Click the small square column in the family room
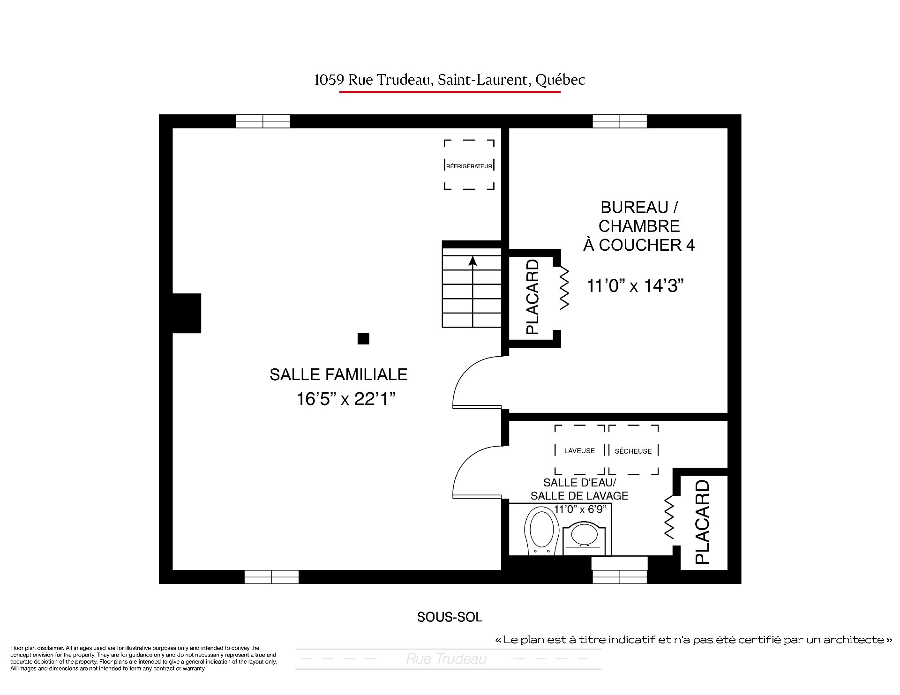tap(363, 338)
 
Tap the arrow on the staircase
tap(472, 291)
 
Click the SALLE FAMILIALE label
tap(338, 374)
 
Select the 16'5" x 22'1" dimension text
tap(346, 399)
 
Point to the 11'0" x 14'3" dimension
tap(635, 285)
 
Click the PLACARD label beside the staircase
tap(532, 297)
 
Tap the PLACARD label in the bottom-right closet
tap(702, 522)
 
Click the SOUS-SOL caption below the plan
tap(450, 617)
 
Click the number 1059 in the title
tap(329, 80)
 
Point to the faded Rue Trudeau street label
tap(446, 659)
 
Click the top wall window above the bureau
tap(620, 121)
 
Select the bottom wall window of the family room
tap(271, 577)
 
